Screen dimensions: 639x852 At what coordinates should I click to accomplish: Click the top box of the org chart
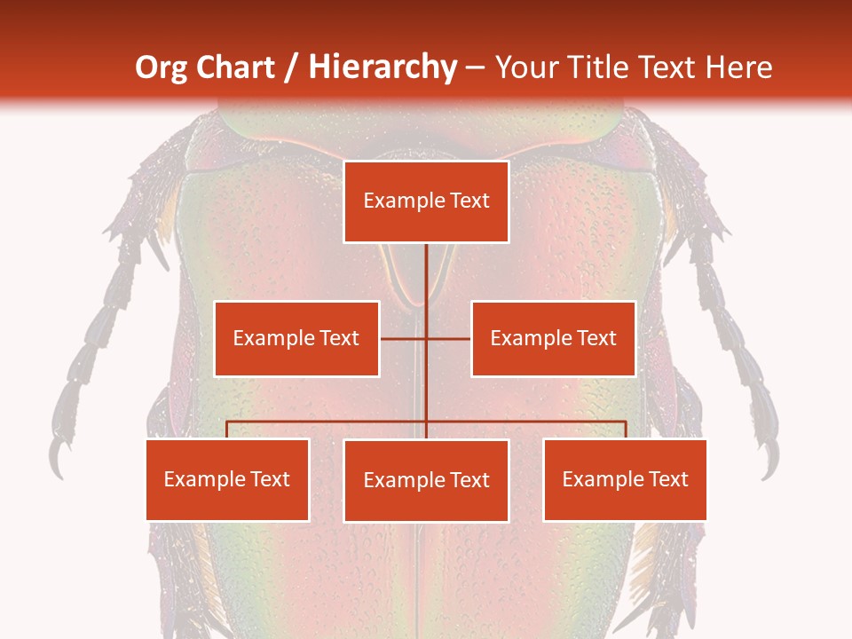coord(426,201)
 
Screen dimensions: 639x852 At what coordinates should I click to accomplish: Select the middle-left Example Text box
coord(296,338)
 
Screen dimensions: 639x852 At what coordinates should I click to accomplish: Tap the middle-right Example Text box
coord(553,338)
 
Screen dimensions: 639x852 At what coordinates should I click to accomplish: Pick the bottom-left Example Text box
coord(227,479)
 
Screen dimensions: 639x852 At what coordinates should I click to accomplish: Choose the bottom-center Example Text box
coord(426,480)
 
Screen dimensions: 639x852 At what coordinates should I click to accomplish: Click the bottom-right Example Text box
coord(625,479)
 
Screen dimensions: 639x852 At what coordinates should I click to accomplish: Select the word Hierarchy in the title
coord(382,67)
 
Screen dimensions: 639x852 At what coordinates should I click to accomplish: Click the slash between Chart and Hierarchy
coord(291,67)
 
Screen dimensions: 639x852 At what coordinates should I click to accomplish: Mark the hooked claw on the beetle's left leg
coord(59,456)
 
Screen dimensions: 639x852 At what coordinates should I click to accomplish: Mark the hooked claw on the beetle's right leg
coord(769,458)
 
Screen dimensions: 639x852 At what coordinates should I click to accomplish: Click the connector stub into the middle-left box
coord(402,338)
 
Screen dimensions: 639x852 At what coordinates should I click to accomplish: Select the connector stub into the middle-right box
coord(449,338)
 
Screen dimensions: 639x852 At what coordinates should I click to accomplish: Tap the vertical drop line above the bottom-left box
coord(227,430)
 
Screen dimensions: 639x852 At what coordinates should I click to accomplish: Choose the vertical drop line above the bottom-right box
coord(626,430)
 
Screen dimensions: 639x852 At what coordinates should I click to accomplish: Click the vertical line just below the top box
coord(426,266)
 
